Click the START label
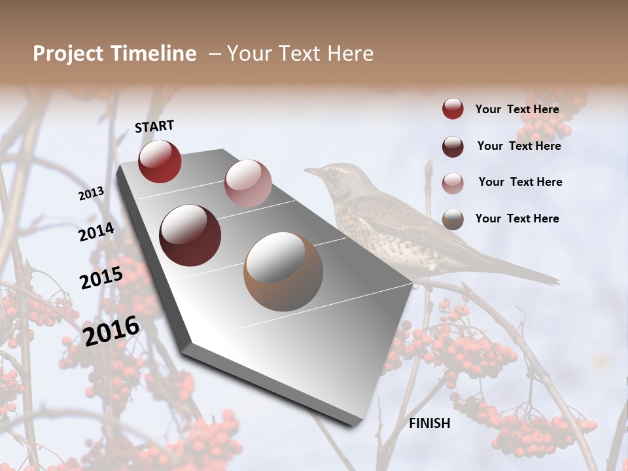click(154, 126)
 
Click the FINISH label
click(430, 423)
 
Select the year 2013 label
click(92, 194)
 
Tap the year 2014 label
click(96, 232)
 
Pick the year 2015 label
click(101, 278)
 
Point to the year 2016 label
click(112, 330)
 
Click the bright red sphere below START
click(160, 161)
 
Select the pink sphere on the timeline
click(248, 183)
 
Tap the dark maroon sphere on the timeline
click(190, 235)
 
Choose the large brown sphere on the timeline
click(283, 271)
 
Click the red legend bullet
click(453, 109)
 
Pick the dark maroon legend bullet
click(453, 147)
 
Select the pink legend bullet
click(453, 183)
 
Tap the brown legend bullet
click(453, 219)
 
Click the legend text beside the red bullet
click(517, 109)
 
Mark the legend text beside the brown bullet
click(517, 218)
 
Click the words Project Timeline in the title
click(114, 54)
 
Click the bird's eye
click(334, 173)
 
